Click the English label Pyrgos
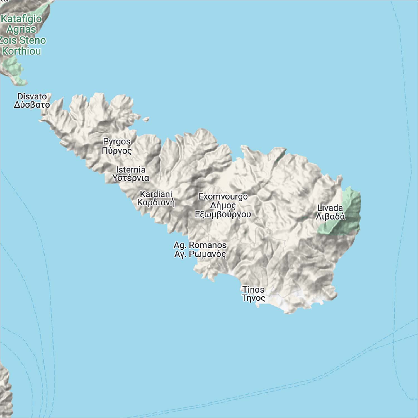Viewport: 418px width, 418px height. tap(117, 142)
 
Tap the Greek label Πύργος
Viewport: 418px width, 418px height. tap(116, 151)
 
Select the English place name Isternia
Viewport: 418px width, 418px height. tap(131, 169)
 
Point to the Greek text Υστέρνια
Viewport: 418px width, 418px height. tap(131, 178)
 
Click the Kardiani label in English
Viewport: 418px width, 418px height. tap(156, 194)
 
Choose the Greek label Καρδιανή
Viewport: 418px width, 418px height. tap(156, 202)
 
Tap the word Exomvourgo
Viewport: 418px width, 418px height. tap(223, 196)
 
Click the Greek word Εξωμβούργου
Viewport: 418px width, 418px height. tap(223, 214)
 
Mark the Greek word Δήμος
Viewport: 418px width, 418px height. tap(223, 206)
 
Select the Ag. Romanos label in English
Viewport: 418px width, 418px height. tap(200, 245)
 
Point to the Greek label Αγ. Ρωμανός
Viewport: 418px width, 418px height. tap(200, 254)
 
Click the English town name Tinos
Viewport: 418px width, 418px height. tap(253, 290)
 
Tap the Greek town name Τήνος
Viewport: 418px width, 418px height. tap(253, 298)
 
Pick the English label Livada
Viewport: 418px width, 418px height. tap(330, 208)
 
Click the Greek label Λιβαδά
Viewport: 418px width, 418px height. tap(330, 217)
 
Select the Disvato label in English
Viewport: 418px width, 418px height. tap(32, 96)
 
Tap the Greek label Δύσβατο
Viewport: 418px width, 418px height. tap(32, 105)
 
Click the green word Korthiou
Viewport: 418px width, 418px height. tap(21, 51)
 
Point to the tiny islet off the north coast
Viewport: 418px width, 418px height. tap(146, 120)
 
